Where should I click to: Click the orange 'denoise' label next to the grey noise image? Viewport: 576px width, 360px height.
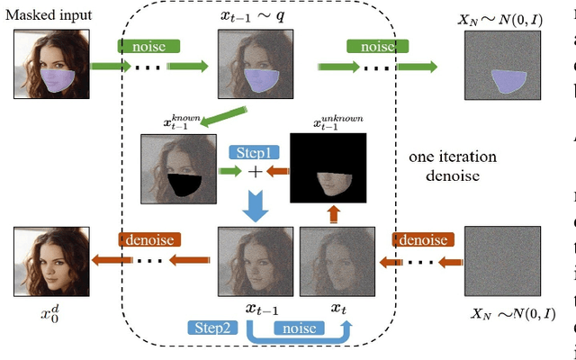(421, 240)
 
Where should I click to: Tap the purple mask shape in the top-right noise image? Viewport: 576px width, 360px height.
(510, 81)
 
